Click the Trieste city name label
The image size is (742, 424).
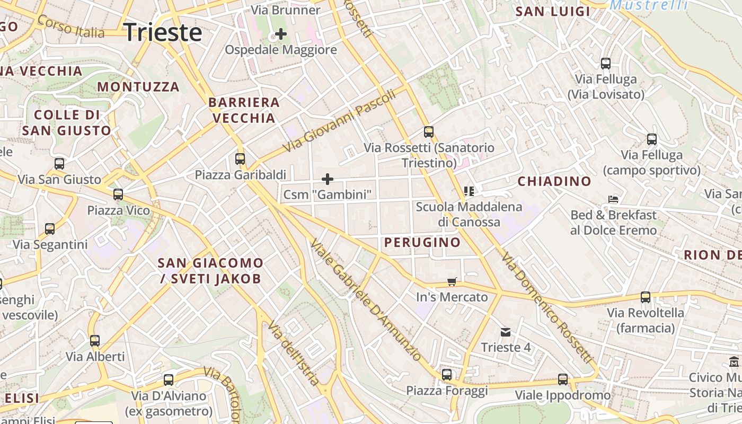(163, 32)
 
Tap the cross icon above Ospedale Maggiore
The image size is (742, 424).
(281, 34)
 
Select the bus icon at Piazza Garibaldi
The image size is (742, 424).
(240, 158)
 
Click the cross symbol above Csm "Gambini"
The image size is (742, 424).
(328, 179)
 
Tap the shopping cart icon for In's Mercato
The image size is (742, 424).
(452, 281)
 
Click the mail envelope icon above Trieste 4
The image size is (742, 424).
(506, 332)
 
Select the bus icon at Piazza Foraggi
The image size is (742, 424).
(447, 375)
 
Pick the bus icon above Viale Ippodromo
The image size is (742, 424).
(563, 379)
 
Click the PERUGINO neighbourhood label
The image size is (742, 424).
(422, 243)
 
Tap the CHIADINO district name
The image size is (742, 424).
(554, 181)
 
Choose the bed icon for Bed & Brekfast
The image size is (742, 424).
(613, 200)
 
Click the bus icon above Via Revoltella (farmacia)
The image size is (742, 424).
(646, 297)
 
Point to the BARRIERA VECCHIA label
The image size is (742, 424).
(244, 110)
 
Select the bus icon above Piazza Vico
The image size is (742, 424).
(118, 195)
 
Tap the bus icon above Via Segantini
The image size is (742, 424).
(50, 229)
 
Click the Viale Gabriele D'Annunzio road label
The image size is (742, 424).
(366, 299)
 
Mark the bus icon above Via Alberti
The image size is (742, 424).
(95, 341)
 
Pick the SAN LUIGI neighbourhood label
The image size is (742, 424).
(553, 12)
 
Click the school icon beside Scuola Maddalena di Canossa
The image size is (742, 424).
(469, 191)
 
